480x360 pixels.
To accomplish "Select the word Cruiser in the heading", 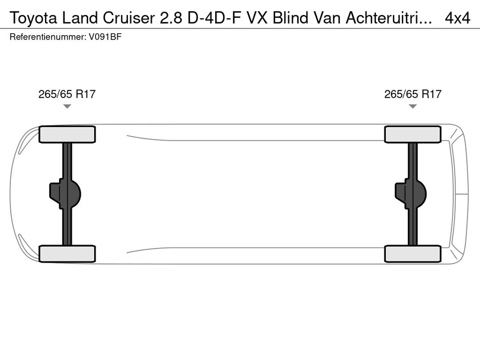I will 129,18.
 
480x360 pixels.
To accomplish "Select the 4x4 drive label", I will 457,18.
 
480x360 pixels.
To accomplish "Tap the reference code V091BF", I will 105,37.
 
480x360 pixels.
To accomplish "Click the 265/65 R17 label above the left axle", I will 67,94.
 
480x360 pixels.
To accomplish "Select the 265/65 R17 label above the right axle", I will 412,94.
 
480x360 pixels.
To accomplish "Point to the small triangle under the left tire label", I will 67,106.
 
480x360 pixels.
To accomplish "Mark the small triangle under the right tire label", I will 412,106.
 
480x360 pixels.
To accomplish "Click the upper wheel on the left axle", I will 67,134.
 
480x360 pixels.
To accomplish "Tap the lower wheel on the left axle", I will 67,254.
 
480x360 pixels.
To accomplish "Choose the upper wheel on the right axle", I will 413,134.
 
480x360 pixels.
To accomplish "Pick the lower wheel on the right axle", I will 413,254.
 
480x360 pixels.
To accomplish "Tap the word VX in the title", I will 256,18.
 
